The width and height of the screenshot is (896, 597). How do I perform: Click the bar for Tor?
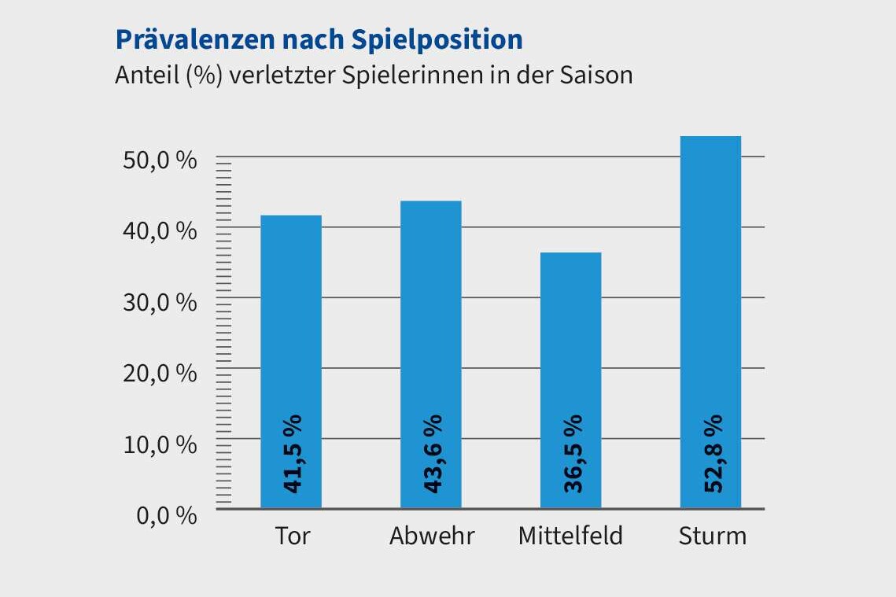tap(291, 330)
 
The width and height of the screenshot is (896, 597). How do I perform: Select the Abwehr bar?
tap(431, 322)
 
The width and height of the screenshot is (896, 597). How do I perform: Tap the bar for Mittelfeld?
tap(571, 346)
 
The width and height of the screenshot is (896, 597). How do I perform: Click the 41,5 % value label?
tap(293, 455)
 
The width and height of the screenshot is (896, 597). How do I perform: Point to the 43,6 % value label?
tap(432, 455)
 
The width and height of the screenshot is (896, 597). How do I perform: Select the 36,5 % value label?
tap(572, 454)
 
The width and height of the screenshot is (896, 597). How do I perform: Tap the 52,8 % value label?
tap(712, 455)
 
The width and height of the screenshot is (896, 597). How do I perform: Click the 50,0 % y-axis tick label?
tap(160, 160)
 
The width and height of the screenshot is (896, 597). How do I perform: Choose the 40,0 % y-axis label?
tap(160, 231)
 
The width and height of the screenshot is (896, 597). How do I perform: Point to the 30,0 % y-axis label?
tap(160, 302)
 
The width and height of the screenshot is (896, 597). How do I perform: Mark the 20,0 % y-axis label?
tap(160, 373)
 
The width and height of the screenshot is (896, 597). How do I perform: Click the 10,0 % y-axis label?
tap(160, 444)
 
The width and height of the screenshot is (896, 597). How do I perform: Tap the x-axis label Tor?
tap(293, 536)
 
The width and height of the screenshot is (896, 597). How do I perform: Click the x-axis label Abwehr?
tap(432, 536)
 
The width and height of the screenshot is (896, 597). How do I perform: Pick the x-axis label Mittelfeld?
tap(570, 536)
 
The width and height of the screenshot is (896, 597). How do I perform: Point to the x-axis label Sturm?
tap(712, 536)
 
